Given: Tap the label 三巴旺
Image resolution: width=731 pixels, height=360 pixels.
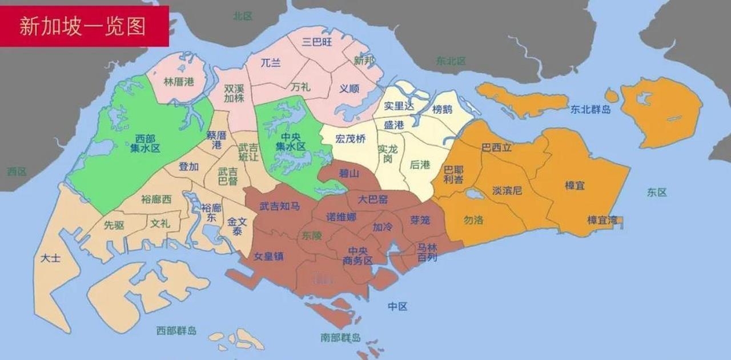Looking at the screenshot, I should [x=318, y=41].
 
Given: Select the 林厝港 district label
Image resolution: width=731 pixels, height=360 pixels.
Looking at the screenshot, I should [x=179, y=82].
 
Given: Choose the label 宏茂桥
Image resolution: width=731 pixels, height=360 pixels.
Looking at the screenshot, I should [x=350, y=138].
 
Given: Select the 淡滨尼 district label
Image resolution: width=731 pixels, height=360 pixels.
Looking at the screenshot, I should [x=507, y=190].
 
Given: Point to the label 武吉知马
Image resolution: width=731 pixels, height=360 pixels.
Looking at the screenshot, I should [x=279, y=206].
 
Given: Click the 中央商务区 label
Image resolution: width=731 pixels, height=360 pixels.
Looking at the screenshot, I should [x=358, y=255].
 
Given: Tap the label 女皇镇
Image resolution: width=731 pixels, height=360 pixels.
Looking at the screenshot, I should [x=268, y=256].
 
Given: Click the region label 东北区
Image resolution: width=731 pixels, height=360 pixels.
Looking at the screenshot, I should [x=451, y=61].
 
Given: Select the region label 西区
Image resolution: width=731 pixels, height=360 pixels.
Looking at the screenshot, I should [x=17, y=171].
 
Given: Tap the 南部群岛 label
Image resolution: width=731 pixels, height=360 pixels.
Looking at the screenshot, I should [x=340, y=337].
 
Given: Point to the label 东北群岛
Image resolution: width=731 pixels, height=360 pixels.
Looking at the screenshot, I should [x=591, y=109].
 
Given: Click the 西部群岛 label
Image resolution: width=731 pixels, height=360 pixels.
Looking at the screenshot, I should [x=176, y=330].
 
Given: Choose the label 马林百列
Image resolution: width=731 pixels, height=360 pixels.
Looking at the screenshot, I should [x=427, y=253].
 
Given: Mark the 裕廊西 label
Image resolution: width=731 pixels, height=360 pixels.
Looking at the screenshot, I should [x=156, y=199].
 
